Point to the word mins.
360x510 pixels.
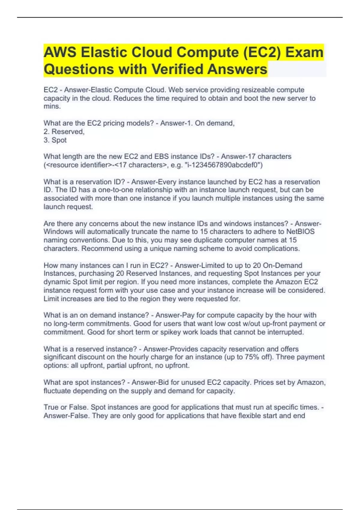pyautogui.click(x=52, y=106)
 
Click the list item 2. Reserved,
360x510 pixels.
pyautogui.click(x=64, y=132)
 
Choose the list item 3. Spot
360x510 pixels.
pyautogui.click(x=55, y=140)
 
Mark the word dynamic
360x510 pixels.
pyautogui.click(x=57, y=282)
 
